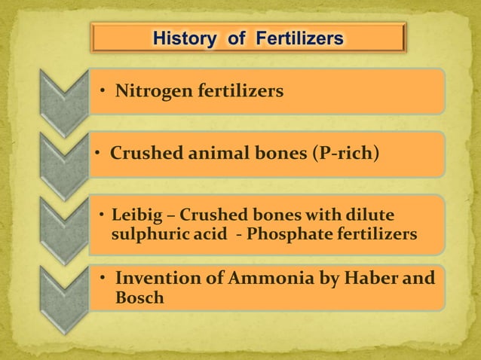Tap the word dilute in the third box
pyautogui.click(x=371, y=215)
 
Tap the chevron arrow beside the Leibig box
pyautogui.click(x=65, y=226)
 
